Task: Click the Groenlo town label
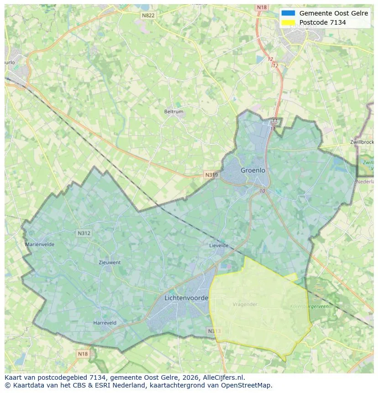(x=253, y=170)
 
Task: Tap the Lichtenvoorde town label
(x=186, y=298)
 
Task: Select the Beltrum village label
(x=173, y=111)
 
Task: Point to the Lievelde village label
(x=219, y=246)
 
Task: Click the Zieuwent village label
(x=110, y=262)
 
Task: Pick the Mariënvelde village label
(x=40, y=245)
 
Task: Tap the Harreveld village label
(x=105, y=323)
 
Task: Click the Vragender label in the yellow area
(x=245, y=304)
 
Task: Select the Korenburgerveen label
(x=309, y=307)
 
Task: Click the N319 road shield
(x=211, y=175)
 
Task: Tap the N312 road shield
(x=84, y=233)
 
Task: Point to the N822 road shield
(x=148, y=16)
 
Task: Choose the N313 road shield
(x=214, y=331)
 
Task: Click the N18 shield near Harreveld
(x=83, y=354)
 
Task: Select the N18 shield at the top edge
(x=262, y=7)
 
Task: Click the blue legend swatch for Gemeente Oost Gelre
(x=289, y=13)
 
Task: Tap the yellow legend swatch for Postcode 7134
(x=289, y=22)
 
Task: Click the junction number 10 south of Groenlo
(x=262, y=191)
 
